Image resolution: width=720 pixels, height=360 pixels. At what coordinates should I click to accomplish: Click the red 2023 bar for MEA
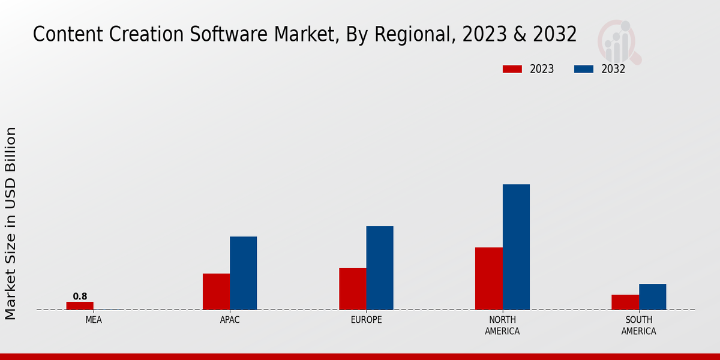point(80,306)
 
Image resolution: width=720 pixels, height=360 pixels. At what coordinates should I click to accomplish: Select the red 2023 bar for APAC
point(216,292)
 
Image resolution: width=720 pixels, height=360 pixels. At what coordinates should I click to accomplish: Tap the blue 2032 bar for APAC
point(243,273)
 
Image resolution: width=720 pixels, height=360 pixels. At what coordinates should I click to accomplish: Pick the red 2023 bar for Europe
point(353,289)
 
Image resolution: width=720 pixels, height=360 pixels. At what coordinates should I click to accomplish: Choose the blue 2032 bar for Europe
point(380,268)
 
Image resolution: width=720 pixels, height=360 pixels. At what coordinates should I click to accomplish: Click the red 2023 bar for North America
point(489,278)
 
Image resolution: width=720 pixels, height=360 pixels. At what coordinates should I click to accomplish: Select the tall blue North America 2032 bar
point(516,247)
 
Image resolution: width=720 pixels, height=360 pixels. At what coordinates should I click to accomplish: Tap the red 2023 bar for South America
point(625,302)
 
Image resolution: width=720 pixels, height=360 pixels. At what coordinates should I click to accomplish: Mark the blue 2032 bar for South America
point(652,296)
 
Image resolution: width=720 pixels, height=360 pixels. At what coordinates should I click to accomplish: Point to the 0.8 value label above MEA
point(80,296)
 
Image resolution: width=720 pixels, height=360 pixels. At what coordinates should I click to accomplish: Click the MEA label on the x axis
point(94,320)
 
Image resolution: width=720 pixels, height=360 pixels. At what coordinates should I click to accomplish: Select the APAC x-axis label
point(230,320)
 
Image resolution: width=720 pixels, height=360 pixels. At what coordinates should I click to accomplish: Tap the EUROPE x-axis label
point(366,320)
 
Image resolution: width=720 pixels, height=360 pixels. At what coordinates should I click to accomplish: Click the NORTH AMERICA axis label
point(502,326)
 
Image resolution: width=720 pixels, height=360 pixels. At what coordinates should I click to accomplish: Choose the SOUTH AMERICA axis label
point(638,326)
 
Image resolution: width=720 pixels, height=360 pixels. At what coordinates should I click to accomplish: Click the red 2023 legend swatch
point(512,69)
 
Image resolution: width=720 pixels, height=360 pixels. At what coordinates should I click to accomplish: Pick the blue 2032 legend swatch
point(584,69)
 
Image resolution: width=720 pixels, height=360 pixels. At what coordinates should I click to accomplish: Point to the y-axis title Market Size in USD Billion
point(11,223)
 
